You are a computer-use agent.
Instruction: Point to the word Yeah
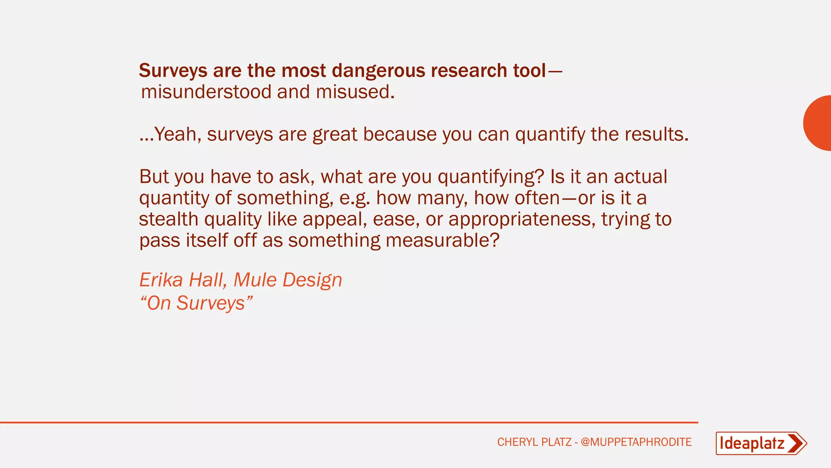coord(175,134)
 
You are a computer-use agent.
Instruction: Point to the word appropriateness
coord(522,219)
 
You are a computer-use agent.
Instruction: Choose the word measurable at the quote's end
coord(442,240)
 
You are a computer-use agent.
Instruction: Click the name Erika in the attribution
coord(161,280)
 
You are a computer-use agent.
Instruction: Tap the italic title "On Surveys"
coord(196,303)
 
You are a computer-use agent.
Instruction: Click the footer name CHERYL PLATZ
coord(534,442)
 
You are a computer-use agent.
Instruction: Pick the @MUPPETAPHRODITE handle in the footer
coord(636,442)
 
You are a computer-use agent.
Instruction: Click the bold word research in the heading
coord(469,71)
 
